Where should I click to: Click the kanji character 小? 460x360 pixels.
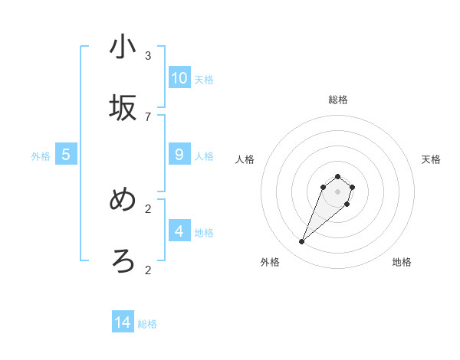(123, 47)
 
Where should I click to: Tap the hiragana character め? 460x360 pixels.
(123, 201)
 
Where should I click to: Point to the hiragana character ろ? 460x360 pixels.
(123, 261)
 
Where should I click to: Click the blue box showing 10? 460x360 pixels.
(179, 78)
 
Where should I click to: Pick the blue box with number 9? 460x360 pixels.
(179, 155)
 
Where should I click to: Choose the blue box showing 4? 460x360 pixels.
(179, 231)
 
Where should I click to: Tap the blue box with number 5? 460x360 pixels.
(66, 155)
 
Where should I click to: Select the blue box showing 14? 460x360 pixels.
(123, 322)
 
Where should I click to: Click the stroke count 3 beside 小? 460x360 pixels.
(148, 56)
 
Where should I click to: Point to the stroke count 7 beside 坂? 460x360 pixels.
(148, 116)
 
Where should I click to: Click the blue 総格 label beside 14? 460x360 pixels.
(147, 324)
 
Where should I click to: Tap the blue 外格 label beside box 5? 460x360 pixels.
(41, 156)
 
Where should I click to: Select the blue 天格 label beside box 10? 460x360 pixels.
(204, 80)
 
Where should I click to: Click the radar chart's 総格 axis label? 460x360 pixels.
(338, 100)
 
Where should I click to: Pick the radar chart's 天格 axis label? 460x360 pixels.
(431, 159)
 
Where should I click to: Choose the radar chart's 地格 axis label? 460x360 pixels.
(402, 262)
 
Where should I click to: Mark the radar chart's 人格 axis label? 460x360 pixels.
(245, 159)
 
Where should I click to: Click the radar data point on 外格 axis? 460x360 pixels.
(301, 242)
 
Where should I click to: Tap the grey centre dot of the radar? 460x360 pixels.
(337, 191)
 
